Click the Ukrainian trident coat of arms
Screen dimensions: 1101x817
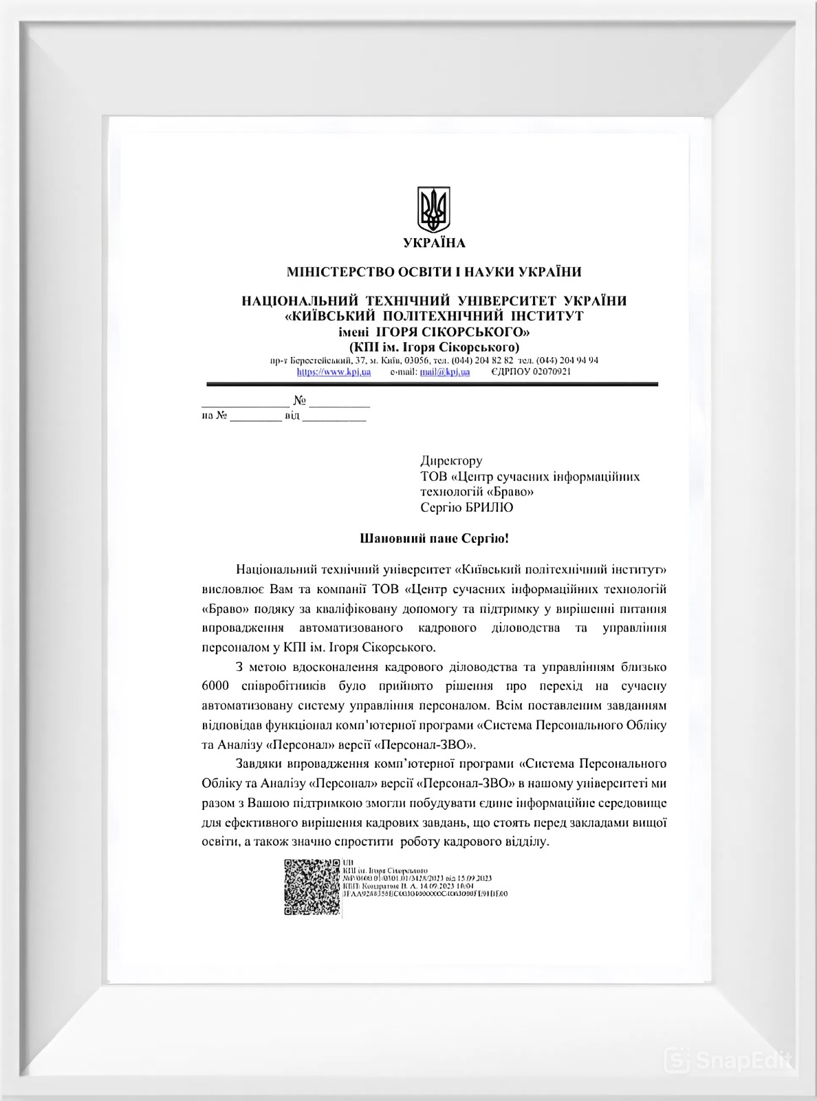434,209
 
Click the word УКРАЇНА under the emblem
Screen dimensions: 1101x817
434,243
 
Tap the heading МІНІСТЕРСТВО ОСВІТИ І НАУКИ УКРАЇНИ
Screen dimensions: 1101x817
434,272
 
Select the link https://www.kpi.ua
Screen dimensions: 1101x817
334,372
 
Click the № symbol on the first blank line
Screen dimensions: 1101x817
299,400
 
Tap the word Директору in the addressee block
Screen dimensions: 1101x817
451,460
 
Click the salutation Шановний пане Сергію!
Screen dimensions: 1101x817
434,538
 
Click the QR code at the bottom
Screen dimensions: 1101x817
312,886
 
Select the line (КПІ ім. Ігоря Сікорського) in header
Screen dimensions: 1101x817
434,347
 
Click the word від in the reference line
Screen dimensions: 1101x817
292,416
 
